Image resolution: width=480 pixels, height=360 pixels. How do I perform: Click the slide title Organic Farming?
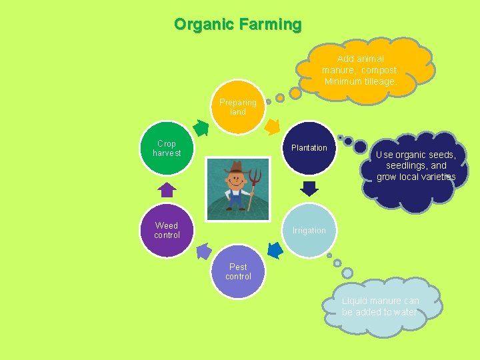(x=238, y=25)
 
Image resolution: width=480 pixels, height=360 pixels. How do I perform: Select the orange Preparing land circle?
(x=238, y=107)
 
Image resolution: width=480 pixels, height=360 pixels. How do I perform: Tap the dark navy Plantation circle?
(x=309, y=148)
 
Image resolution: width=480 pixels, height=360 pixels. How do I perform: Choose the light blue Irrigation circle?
(x=309, y=231)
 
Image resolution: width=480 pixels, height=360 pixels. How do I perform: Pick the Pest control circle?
(x=238, y=272)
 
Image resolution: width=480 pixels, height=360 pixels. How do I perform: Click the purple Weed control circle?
(x=167, y=231)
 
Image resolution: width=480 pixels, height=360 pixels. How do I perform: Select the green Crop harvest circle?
(x=167, y=148)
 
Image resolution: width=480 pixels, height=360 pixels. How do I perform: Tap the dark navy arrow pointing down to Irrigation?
(x=309, y=189)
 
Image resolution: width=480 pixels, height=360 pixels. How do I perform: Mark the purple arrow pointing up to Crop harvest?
(x=167, y=189)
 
